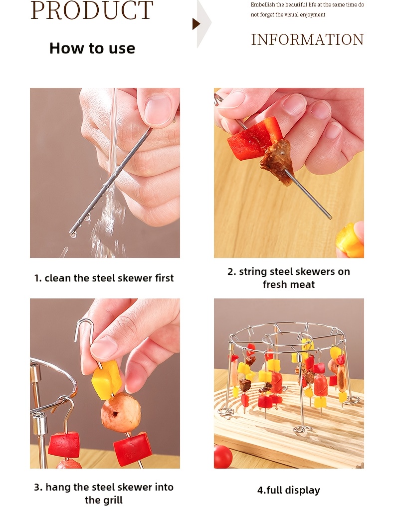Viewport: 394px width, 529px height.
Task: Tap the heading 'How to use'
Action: [x=92, y=48]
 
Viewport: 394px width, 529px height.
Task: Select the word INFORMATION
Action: [x=307, y=40]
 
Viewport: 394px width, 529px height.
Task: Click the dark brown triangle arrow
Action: [x=196, y=24]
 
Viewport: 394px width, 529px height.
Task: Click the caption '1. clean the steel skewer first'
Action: [x=104, y=278]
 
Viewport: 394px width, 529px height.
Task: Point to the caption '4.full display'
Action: [x=288, y=490]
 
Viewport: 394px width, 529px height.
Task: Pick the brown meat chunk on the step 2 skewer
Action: [x=277, y=161]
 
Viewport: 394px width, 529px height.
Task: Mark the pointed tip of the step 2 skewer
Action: [x=331, y=218]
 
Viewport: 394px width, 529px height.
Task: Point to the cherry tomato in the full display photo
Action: [x=223, y=457]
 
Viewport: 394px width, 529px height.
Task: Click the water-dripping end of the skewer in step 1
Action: [x=72, y=233]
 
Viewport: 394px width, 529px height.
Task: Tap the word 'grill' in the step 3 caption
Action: [x=113, y=500]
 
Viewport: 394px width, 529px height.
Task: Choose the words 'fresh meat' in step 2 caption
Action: [x=288, y=284]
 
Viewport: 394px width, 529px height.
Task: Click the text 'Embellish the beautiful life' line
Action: [x=307, y=4]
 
